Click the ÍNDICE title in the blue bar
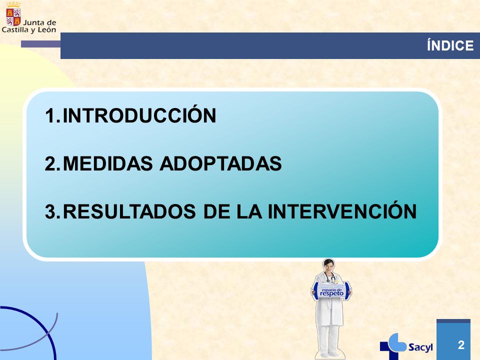pyautogui.click(x=450, y=45)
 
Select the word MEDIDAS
pyautogui.click(x=107, y=163)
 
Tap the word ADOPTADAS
pyautogui.click(x=220, y=163)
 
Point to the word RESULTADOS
pyautogui.click(x=129, y=211)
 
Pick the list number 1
pyautogui.click(x=52, y=115)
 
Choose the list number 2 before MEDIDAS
pyautogui.click(x=52, y=163)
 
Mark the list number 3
pyautogui.click(x=52, y=211)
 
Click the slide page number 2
pyautogui.click(x=461, y=344)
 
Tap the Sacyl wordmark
pyautogui.click(x=420, y=347)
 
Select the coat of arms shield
pyautogui.click(x=13, y=17)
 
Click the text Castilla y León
pyautogui.click(x=29, y=30)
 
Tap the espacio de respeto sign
pyautogui.click(x=331, y=291)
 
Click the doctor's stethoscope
pyautogui.click(x=330, y=277)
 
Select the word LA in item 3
pyautogui.click(x=249, y=211)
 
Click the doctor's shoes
pyautogui.click(x=328, y=354)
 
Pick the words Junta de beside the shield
pyautogui.click(x=40, y=22)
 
